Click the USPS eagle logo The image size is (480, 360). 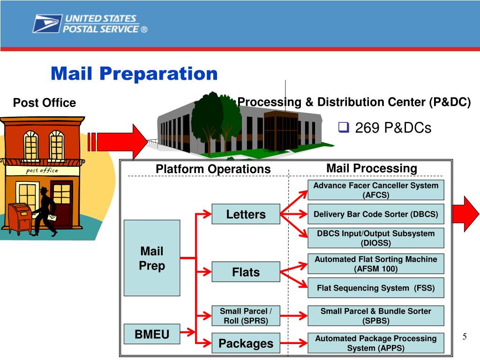click(47, 23)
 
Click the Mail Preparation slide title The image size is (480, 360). click(134, 74)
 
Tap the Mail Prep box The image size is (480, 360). click(151, 258)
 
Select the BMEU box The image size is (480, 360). click(151, 334)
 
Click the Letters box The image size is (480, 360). click(246, 214)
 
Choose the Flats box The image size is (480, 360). click(246, 272)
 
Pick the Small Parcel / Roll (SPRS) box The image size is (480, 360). click(246, 316)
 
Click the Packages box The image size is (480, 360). click(246, 343)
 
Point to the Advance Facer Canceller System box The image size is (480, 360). click(375, 190)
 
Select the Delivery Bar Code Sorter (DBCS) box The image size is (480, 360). click(375, 214)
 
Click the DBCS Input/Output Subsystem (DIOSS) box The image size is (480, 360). click(375, 238)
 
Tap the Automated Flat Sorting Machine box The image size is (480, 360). click(375, 264)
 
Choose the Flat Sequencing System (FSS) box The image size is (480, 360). click(375, 288)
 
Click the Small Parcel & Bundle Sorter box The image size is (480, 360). click(375, 316)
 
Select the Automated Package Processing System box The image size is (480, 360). click(375, 343)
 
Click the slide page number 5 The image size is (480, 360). click(465, 337)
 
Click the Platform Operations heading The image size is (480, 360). click(213, 169)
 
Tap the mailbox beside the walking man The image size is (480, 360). click(20, 218)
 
